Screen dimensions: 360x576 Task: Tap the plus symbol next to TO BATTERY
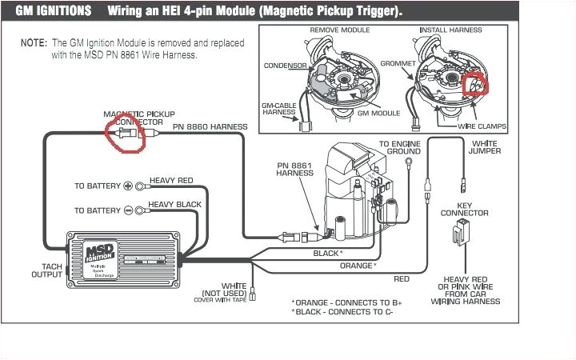(x=127, y=186)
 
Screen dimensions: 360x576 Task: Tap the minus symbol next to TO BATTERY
(x=127, y=210)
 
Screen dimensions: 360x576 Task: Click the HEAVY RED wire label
(x=172, y=181)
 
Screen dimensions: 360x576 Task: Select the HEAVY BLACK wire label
(x=175, y=205)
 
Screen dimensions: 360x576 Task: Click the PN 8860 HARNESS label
(x=210, y=127)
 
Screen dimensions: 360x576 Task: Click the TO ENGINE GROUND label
(x=400, y=148)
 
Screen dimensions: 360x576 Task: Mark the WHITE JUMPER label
(x=485, y=146)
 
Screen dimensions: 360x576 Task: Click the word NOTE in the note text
(x=33, y=42)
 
